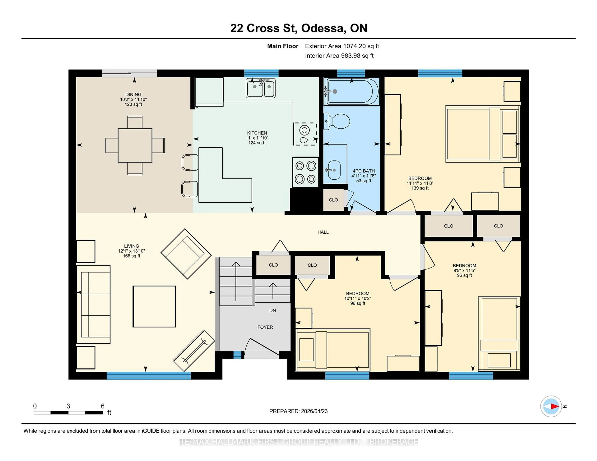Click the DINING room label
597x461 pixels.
pyautogui.click(x=133, y=94)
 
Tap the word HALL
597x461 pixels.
pyautogui.click(x=323, y=232)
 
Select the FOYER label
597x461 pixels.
pyautogui.click(x=265, y=327)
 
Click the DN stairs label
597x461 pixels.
pyautogui.click(x=273, y=310)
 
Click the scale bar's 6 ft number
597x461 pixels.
pyautogui.click(x=103, y=406)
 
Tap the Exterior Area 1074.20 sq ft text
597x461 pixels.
pyautogui.click(x=342, y=46)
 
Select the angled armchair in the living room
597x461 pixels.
pyautogui.click(x=186, y=254)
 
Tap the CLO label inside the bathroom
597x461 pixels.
pyautogui.click(x=333, y=200)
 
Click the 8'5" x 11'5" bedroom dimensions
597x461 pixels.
pyautogui.click(x=464, y=270)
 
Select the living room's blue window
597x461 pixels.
pyautogui.click(x=148, y=376)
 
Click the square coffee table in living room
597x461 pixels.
pyautogui.click(x=154, y=306)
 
